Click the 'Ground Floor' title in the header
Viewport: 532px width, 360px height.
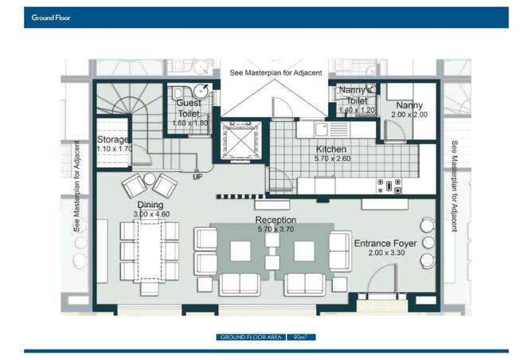(51, 18)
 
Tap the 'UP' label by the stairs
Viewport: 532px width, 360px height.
(198, 177)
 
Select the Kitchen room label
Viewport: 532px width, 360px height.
(331, 149)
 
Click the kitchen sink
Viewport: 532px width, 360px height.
(321, 130)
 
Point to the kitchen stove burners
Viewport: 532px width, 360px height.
(389, 186)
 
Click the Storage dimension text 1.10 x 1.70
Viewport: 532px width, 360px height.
(115, 149)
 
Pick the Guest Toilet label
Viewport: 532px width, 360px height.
(189, 108)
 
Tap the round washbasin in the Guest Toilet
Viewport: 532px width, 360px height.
(202, 91)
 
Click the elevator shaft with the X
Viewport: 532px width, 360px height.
(241, 140)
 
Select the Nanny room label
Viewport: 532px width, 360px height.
(409, 105)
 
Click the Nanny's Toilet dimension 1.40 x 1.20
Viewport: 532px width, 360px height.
(357, 110)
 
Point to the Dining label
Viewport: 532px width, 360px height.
(150, 205)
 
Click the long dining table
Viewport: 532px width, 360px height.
(150, 251)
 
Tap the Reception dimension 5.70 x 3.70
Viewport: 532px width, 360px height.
(276, 229)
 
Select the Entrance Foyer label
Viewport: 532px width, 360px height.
(385, 244)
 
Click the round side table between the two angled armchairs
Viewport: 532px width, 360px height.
(149, 179)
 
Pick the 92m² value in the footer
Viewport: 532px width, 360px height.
(300, 337)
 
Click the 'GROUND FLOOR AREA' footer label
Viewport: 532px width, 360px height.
(251, 337)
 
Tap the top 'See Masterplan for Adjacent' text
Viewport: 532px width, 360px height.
(276, 72)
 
